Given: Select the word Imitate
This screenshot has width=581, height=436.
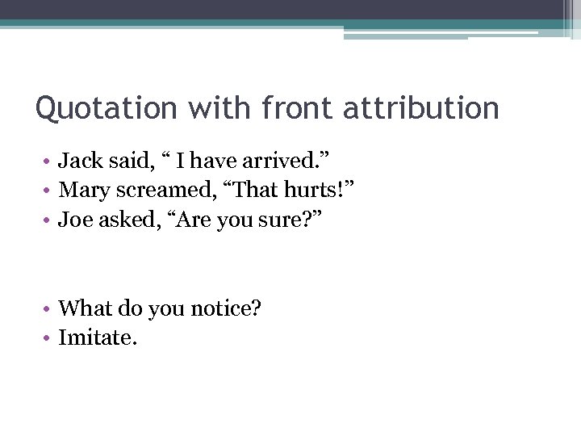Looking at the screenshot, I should (x=98, y=337).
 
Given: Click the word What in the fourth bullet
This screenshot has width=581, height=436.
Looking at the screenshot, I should (x=86, y=308).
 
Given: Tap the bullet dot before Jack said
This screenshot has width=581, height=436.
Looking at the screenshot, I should (x=48, y=161).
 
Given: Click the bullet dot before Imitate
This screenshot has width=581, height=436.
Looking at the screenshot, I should (x=48, y=337).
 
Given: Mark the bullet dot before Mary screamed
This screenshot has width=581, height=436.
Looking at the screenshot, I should (x=48, y=191).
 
